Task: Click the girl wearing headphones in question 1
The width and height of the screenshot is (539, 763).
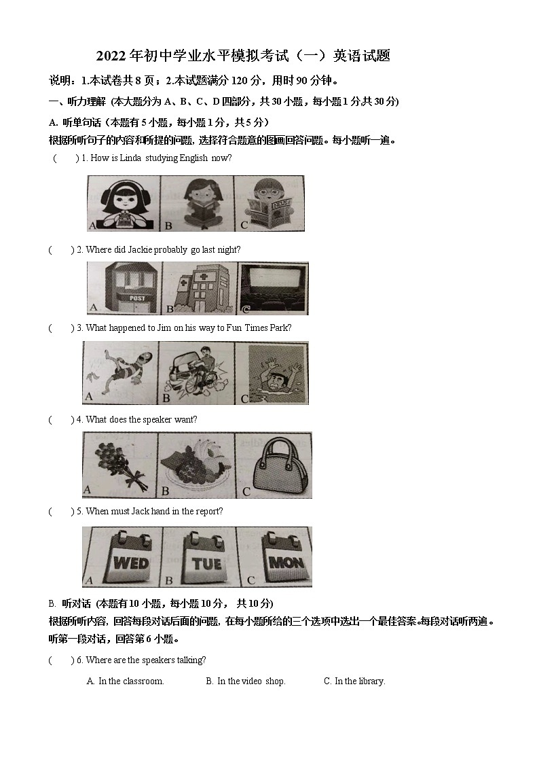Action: click(x=124, y=202)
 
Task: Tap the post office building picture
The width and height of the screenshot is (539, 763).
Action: click(x=125, y=288)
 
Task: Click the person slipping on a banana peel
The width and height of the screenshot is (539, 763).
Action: click(x=120, y=372)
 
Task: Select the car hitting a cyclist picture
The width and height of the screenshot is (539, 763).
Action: click(x=197, y=372)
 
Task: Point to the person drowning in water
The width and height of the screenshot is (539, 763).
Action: click(x=272, y=372)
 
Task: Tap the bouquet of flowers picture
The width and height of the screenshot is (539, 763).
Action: click(x=119, y=463)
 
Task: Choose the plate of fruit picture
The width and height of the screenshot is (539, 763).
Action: click(x=197, y=463)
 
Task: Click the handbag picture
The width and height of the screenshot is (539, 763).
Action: click(x=274, y=463)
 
